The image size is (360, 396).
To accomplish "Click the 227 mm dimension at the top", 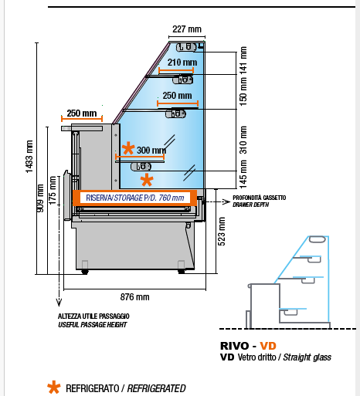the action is point(187,29).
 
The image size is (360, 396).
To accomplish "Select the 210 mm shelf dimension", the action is point(182,63).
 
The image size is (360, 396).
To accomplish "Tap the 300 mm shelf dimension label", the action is point(151,150).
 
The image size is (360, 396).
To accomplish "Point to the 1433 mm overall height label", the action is point(29,157).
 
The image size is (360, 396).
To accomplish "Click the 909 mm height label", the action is point(40,198).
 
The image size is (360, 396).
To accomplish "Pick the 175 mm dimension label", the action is point(53,191).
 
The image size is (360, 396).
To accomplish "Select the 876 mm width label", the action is point(134,297).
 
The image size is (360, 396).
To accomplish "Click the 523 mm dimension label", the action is point(222,232).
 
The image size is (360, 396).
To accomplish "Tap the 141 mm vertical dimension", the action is point(243,61).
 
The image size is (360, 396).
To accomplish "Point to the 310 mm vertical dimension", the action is point(243,140).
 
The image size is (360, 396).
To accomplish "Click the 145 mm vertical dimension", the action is point(243,174).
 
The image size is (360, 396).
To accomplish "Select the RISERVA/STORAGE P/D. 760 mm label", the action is point(135,198).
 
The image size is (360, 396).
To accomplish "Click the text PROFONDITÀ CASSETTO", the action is point(260,198).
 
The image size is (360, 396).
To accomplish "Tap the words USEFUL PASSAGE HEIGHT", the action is point(93,325).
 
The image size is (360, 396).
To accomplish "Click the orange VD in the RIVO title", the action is point(268,346).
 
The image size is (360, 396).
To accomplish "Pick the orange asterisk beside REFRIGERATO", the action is point(54,388).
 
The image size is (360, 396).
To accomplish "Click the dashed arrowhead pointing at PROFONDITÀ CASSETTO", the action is point(226,202).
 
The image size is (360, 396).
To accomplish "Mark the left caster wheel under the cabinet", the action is point(85,272).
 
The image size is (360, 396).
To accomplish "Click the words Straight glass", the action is point(307,357).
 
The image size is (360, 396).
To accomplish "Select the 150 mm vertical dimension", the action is point(243,91).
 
